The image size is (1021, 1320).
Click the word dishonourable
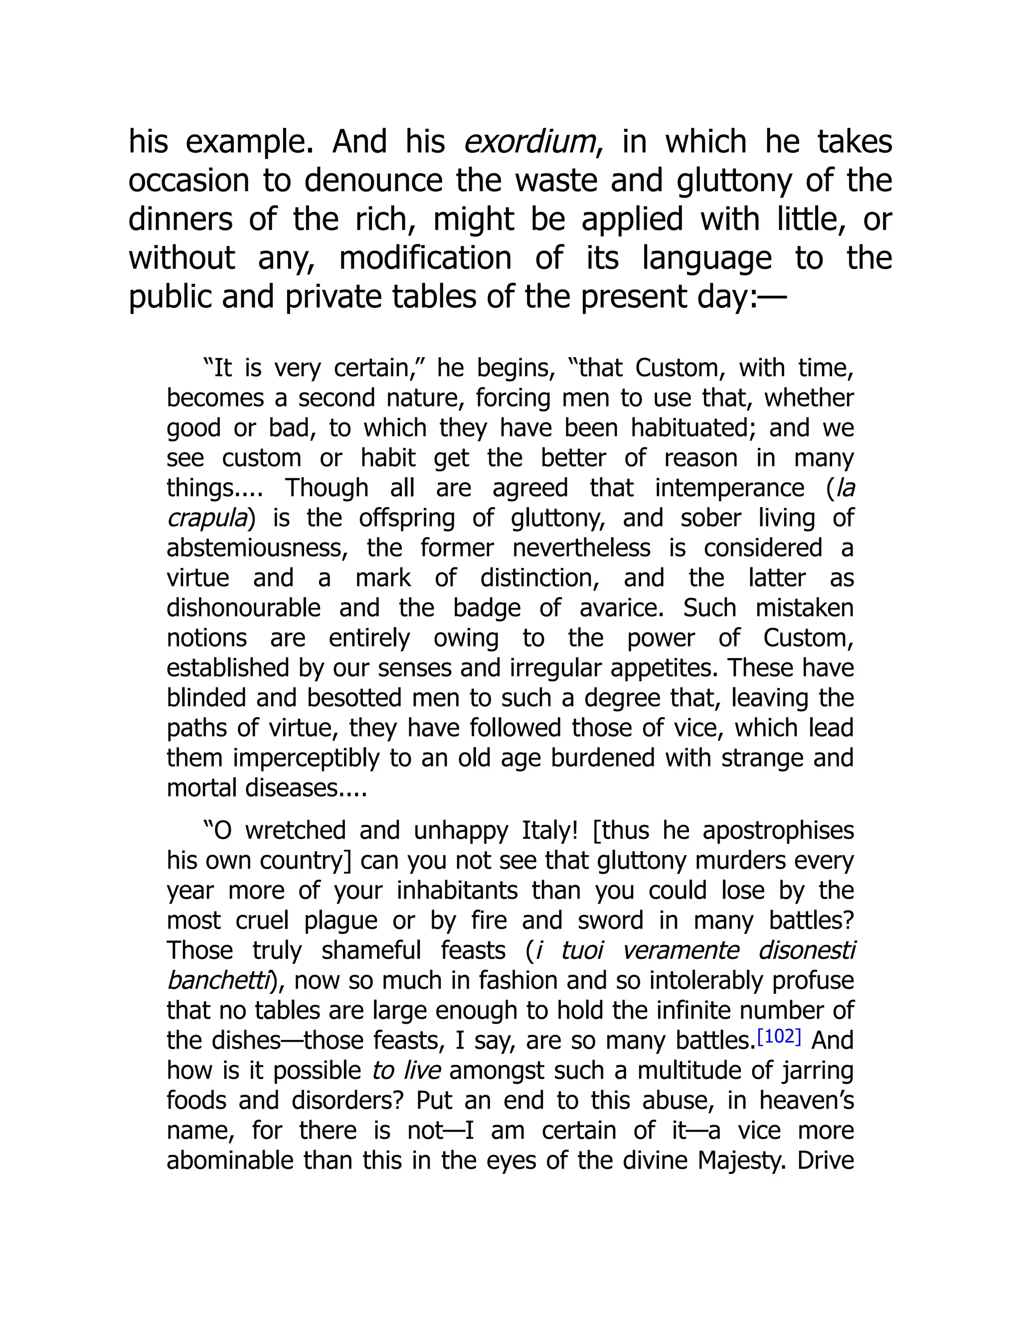tap(243, 608)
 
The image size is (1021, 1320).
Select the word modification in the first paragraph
tap(425, 259)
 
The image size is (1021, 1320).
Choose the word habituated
tap(691, 428)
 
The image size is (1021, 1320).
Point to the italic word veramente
tap(681, 951)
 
